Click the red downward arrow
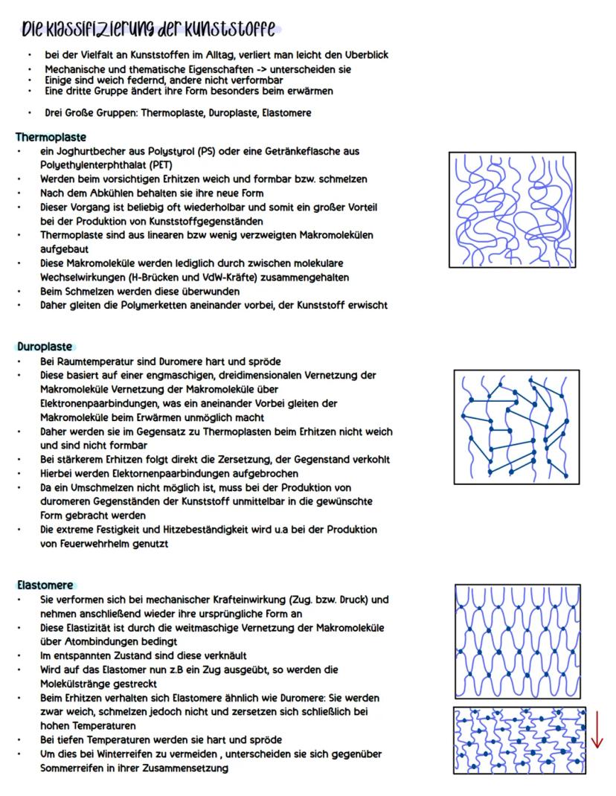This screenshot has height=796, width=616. tap(597, 730)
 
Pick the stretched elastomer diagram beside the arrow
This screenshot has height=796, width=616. tap(519, 740)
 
